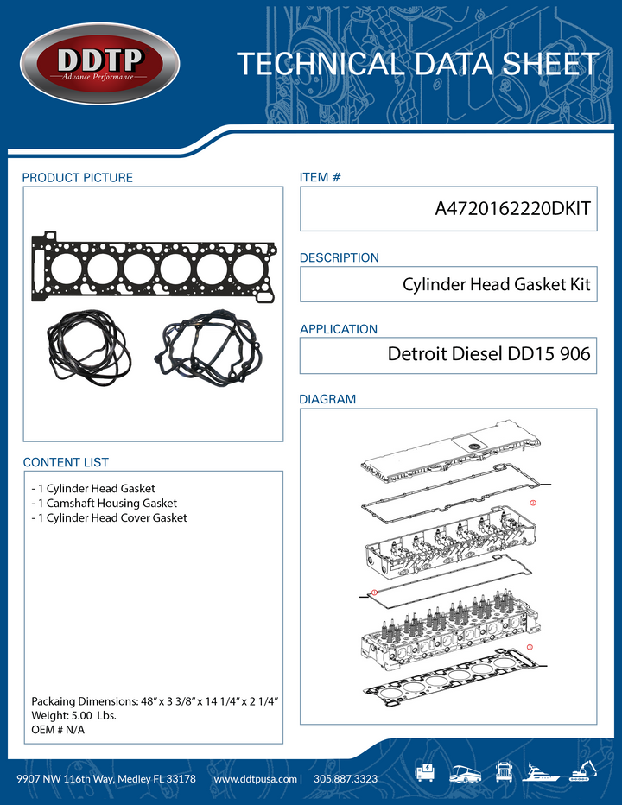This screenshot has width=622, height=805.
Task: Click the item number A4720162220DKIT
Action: (x=513, y=211)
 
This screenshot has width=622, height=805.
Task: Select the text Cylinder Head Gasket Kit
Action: (x=497, y=284)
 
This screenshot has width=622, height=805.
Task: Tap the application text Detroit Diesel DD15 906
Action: (x=489, y=354)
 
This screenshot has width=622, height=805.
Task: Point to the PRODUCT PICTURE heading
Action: (x=78, y=178)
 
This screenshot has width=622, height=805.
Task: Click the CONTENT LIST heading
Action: (x=66, y=463)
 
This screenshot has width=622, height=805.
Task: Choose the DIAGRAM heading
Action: (x=327, y=400)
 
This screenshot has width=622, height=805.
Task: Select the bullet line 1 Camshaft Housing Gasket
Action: (x=104, y=503)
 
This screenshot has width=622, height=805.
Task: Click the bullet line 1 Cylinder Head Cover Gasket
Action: (x=109, y=517)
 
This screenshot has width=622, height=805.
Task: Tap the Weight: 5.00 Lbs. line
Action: (x=73, y=716)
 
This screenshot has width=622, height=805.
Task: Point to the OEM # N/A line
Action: (x=58, y=730)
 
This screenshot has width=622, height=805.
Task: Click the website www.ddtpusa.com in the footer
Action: (x=255, y=779)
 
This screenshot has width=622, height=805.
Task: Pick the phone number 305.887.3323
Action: (x=346, y=779)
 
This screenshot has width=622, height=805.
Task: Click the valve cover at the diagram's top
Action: (x=441, y=454)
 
